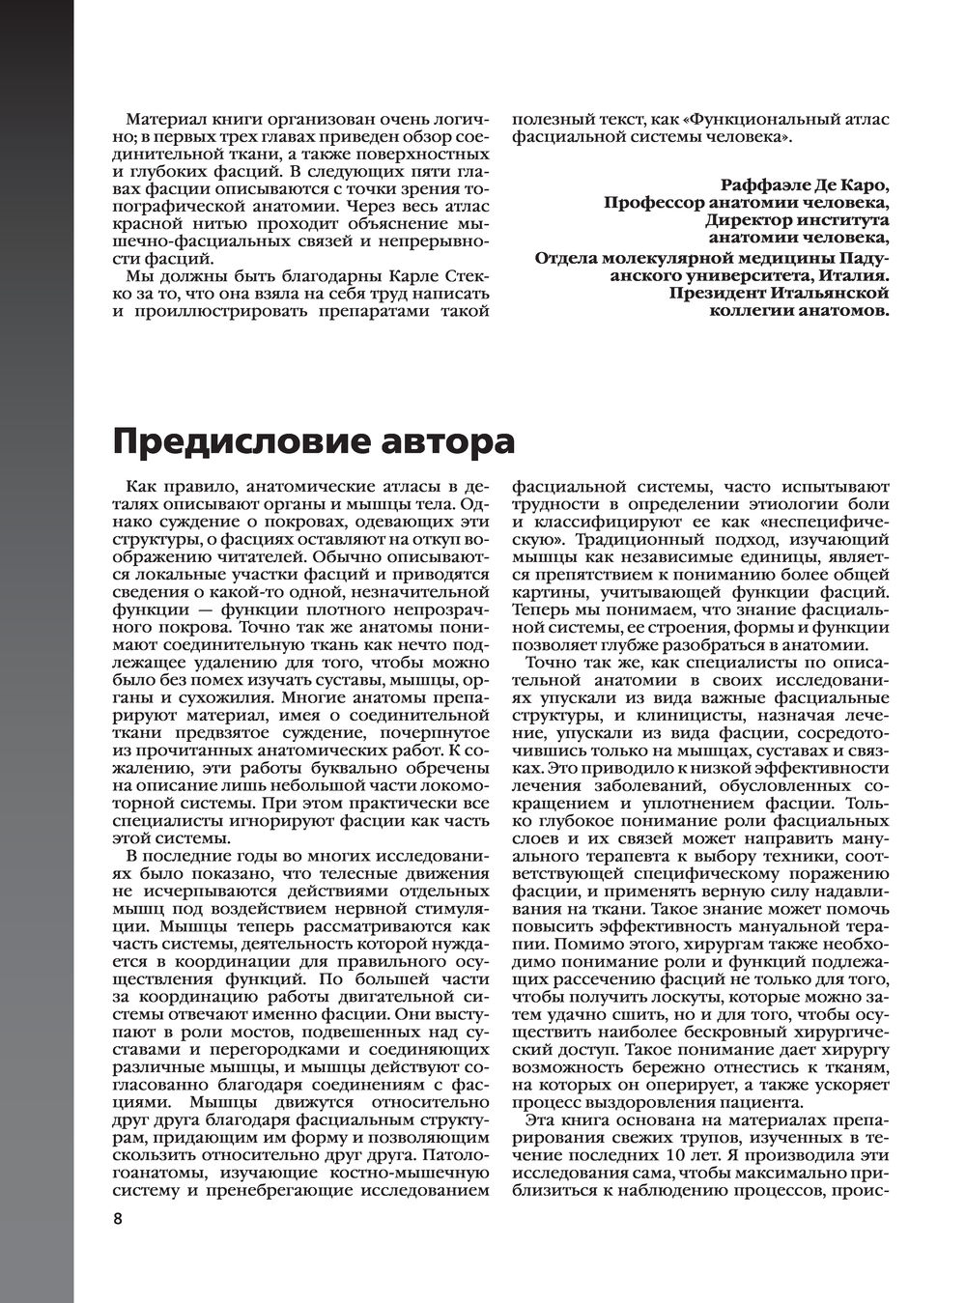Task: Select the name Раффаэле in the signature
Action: (767, 184)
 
